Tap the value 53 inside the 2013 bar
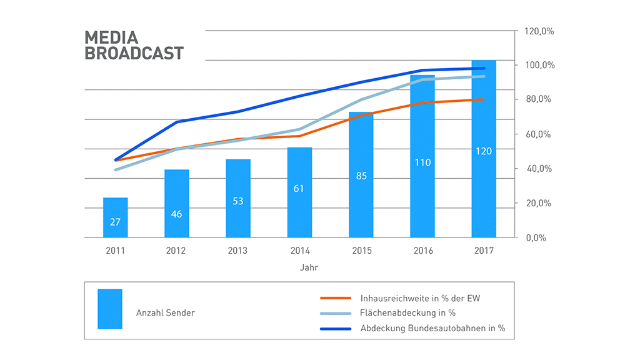(x=238, y=201)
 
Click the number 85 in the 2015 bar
(x=361, y=176)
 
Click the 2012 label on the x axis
(x=177, y=251)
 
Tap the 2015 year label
(x=361, y=251)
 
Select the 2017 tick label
(x=484, y=251)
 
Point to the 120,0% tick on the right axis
(x=538, y=31)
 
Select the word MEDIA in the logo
(x=111, y=37)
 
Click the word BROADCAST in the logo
(x=134, y=53)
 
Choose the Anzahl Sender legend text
(x=165, y=312)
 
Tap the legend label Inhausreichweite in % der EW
(x=420, y=298)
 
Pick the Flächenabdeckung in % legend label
(x=407, y=312)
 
